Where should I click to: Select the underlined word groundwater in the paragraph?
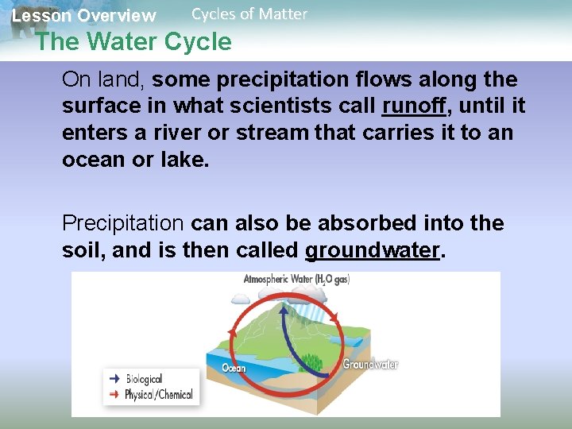point(372,251)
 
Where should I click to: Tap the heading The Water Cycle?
point(133,41)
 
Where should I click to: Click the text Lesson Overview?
point(83,15)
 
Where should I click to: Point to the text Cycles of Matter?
point(249,14)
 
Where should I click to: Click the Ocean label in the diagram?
point(234,368)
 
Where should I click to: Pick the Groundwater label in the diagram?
point(370,365)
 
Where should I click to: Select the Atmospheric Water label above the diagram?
point(296,280)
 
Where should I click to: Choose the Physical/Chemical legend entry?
point(159,395)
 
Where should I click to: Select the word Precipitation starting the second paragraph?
point(123,223)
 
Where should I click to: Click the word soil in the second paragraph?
point(83,251)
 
